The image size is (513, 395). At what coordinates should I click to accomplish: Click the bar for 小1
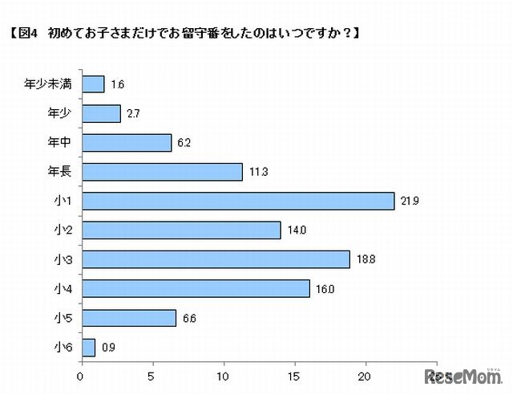(x=238, y=201)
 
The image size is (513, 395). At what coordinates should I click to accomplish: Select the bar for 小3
(x=216, y=259)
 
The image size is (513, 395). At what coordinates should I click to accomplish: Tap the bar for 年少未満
(x=93, y=84)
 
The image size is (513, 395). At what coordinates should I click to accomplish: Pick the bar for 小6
(x=88, y=347)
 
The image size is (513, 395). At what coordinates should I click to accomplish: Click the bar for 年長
(x=162, y=172)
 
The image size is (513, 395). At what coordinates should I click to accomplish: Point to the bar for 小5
(x=128, y=318)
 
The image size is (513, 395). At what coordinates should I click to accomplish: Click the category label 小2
(x=64, y=230)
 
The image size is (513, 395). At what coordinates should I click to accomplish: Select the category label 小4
(x=64, y=288)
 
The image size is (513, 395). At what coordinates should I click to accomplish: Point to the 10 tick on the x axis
(x=224, y=375)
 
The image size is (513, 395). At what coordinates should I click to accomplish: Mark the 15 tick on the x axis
(x=295, y=375)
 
